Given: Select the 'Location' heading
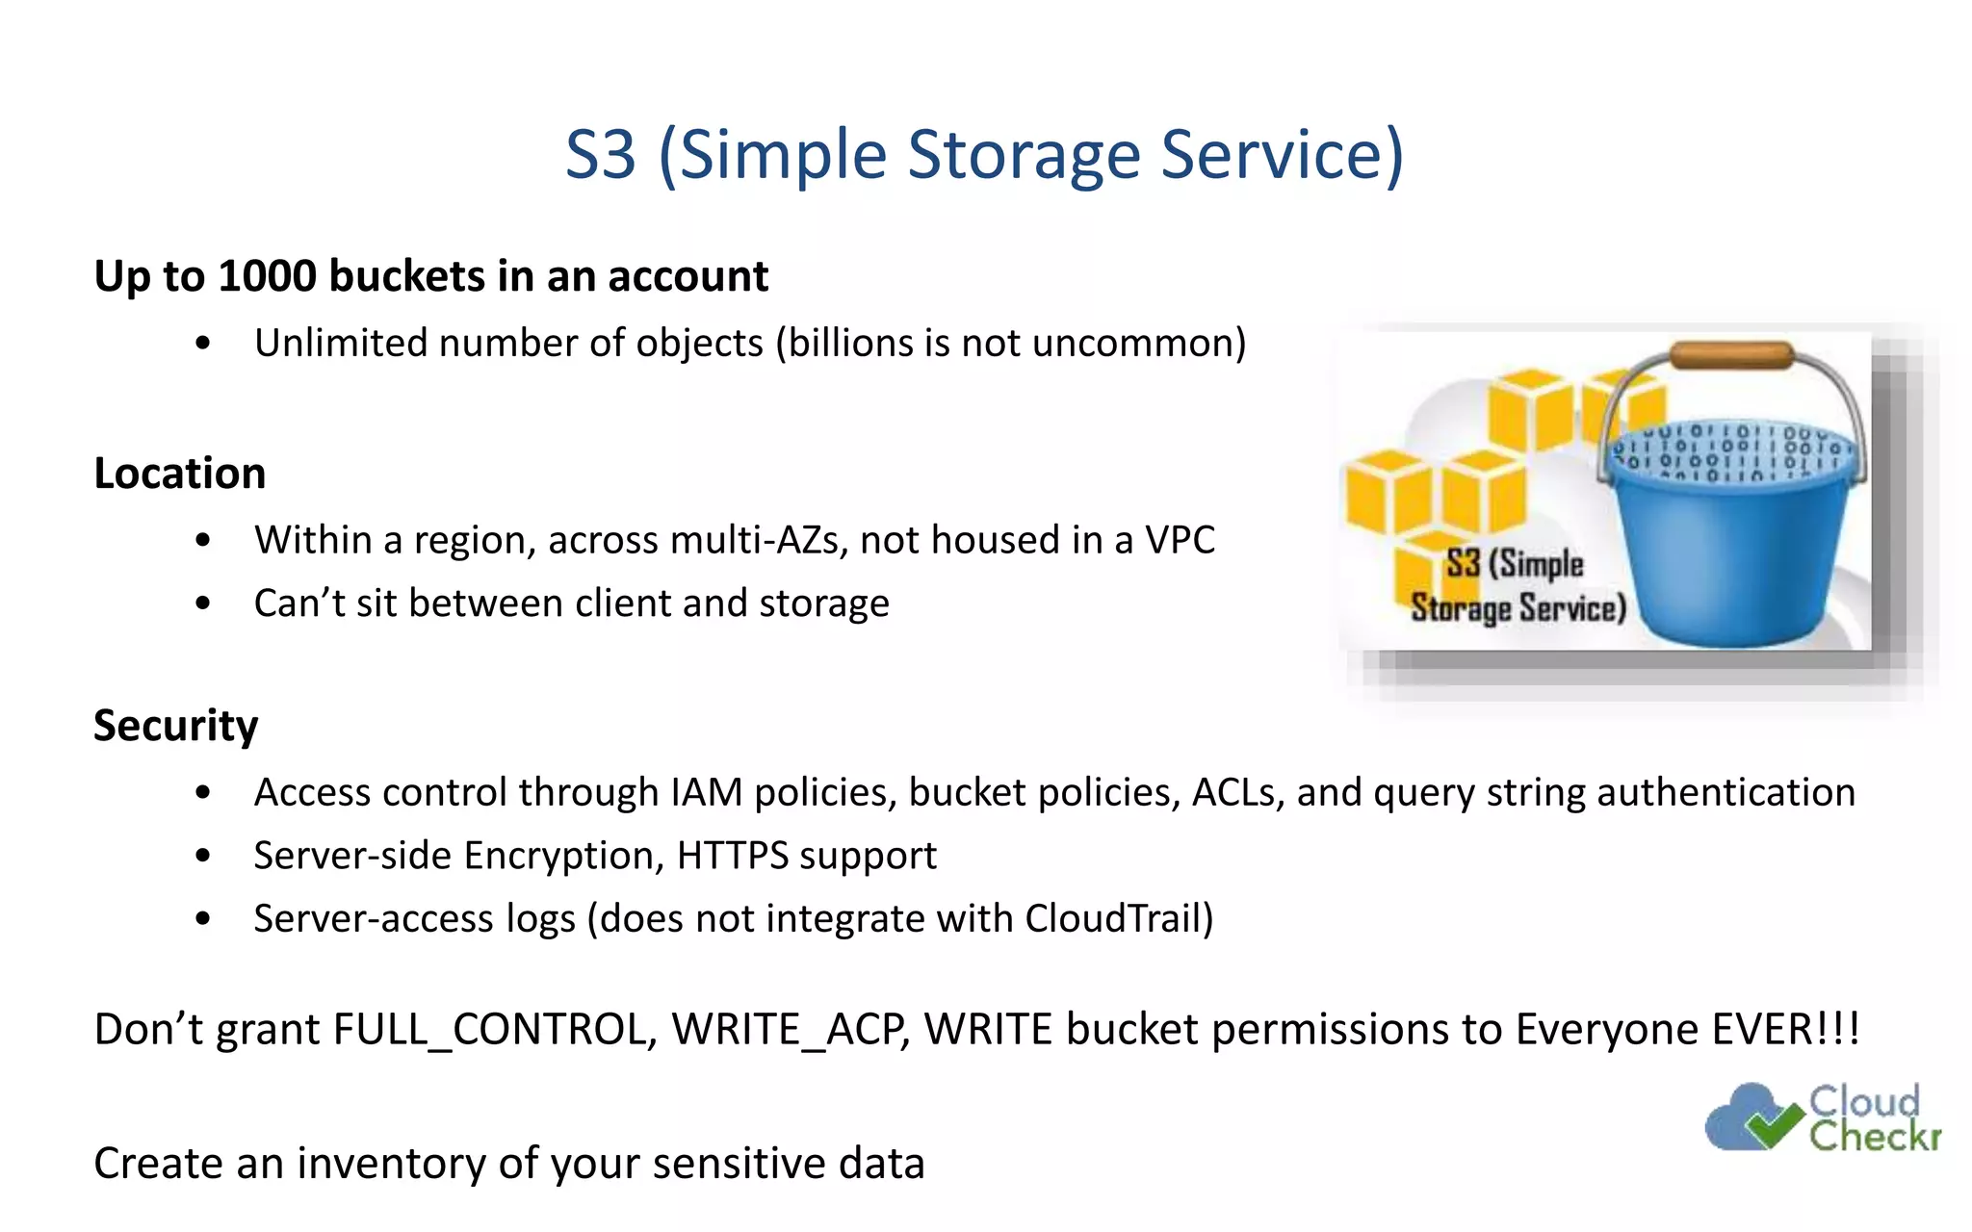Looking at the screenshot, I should click(180, 474).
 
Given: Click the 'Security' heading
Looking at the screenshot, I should click(176, 725).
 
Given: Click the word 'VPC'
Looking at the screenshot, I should click(1180, 540).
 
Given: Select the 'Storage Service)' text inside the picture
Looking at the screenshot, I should click(1518, 608).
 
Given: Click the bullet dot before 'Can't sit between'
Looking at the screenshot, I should click(202, 603).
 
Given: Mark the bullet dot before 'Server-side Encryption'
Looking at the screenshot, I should click(202, 856).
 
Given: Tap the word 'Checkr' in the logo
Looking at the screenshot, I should click(1875, 1136).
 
